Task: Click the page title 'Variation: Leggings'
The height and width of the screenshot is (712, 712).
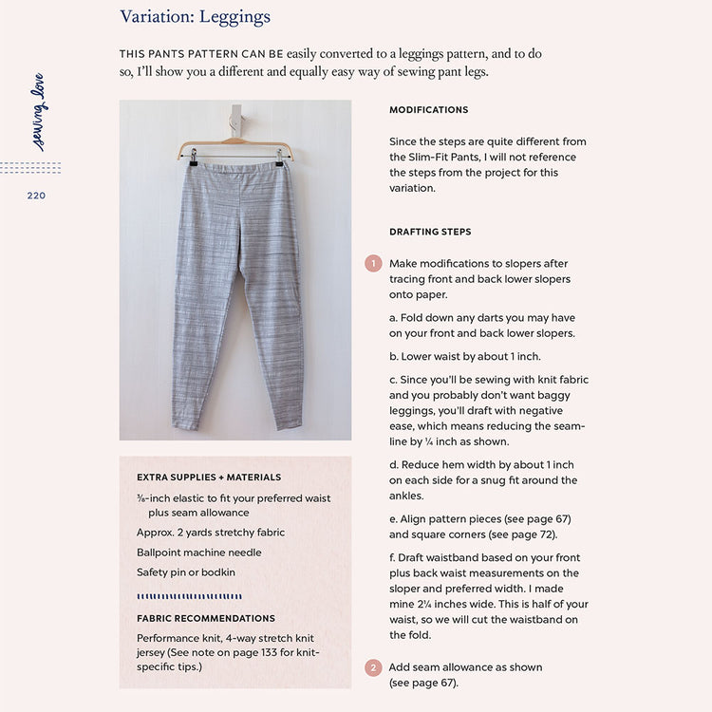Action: pos(195,17)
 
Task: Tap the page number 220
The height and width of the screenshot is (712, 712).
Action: pos(36,196)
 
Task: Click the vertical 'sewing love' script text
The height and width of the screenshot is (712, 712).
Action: pos(38,112)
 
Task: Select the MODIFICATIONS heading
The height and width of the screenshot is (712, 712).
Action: pos(428,110)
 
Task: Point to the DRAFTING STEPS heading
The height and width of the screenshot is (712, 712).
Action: pos(430,232)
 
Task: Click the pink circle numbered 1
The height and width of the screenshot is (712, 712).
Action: pos(373,264)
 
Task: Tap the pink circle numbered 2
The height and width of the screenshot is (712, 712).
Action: pos(373,668)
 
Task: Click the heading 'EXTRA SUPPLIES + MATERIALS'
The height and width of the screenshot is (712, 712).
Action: pos(209,478)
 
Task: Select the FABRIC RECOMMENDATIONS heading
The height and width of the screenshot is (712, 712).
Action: pos(206,618)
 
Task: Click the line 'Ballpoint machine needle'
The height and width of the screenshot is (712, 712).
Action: pos(199,553)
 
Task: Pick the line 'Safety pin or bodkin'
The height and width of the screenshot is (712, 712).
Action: pos(186,572)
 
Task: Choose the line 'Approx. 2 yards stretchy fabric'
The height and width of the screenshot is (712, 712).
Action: pos(211,533)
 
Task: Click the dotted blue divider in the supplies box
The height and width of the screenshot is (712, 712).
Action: pos(189,597)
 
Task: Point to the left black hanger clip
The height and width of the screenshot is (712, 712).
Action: pos(191,160)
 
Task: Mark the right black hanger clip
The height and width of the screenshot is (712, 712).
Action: pos(279,160)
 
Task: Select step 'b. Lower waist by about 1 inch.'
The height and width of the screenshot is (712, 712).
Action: pos(464,357)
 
